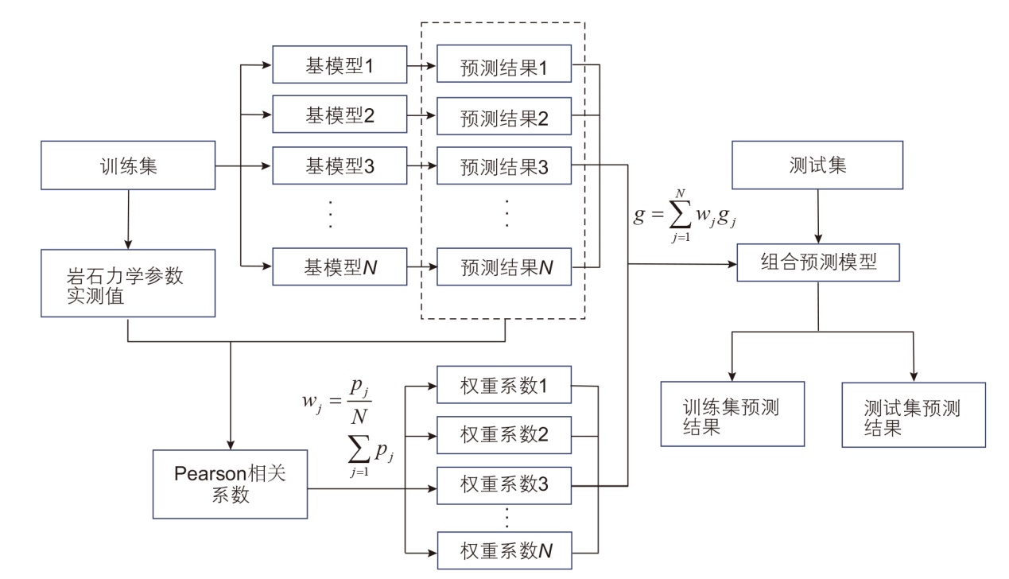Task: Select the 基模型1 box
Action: [x=340, y=64]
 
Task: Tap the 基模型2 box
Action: [x=340, y=115]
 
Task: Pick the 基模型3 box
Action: [x=340, y=167]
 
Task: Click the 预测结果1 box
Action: [x=505, y=68]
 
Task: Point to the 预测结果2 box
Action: [x=505, y=119]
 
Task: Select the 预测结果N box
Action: [x=505, y=269]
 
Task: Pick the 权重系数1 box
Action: [x=505, y=387]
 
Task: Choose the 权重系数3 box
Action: [x=505, y=483]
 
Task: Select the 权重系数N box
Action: [x=505, y=548]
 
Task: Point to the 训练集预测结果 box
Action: [x=732, y=414]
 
